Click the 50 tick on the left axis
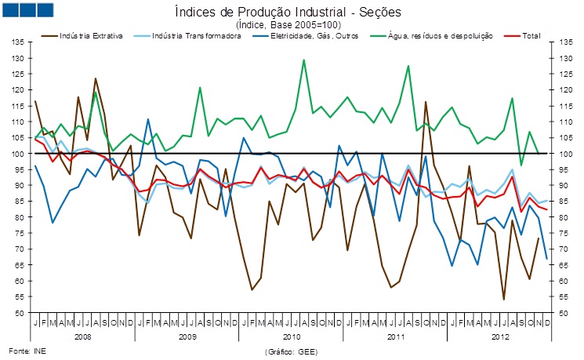(20, 313)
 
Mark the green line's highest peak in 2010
(303, 60)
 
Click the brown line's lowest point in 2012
(503, 300)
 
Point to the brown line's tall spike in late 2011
(426, 102)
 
